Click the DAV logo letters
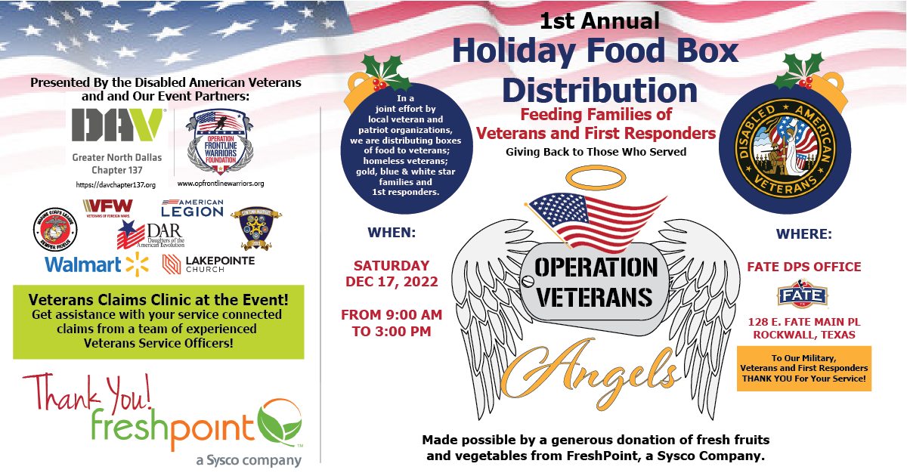(x=119, y=125)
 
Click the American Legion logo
(x=192, y=208)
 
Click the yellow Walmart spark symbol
(x=138, y=264)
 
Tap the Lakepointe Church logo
(x=209, y=264)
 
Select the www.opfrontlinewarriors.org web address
(x=220, y=184)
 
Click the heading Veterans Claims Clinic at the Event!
(x=158, y=299)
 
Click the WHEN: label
(x=391, y=233)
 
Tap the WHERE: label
(x=803, y=234)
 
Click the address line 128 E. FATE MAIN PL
(x=803, y=322)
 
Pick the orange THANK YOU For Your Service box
(x=803, y=368)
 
